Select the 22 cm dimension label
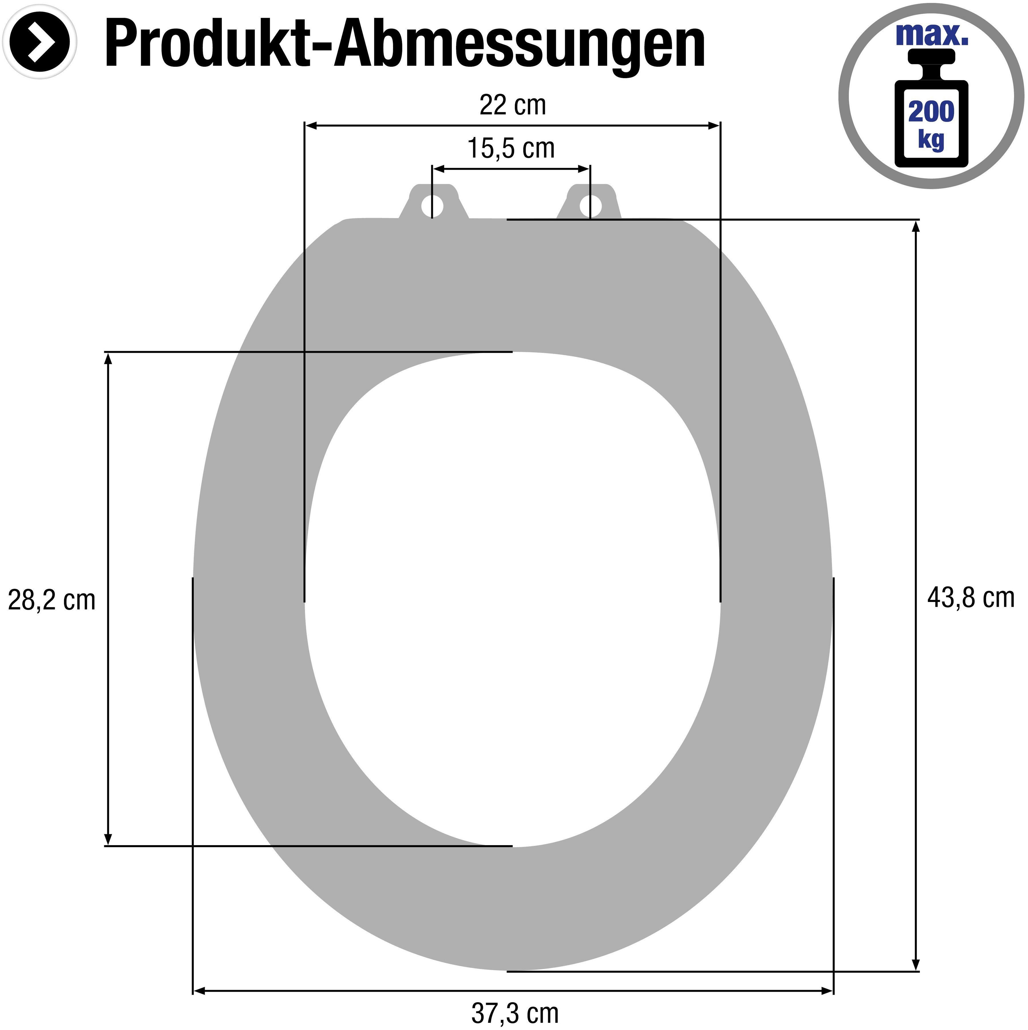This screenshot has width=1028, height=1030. (x=512, y=105)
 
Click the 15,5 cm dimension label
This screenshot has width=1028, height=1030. (x=511, y=148)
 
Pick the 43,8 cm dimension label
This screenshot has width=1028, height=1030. (x=970, y=598)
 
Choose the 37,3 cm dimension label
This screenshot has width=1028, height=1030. (x=514, y=1013)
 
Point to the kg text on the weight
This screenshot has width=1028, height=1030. (x=931, y=140)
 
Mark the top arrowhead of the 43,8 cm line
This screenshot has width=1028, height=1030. (x=916, y=227)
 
